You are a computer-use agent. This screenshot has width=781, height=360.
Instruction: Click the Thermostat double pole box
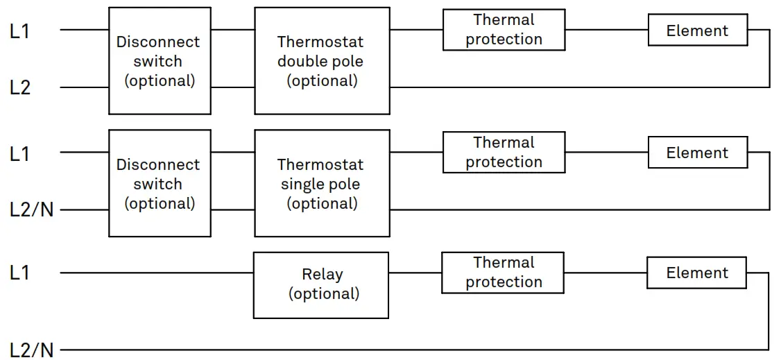tap(321, 60)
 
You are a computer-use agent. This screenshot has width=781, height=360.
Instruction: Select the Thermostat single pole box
tap(321, 183)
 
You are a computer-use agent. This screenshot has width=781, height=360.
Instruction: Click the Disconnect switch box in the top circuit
tap(160, 60)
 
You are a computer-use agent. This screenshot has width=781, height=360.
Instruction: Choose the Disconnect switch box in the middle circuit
tap(160, 183)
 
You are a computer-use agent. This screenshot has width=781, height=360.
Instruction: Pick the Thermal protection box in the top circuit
tap(504, 30)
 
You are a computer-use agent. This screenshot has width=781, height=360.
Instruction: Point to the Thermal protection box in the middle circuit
tap(504, 153)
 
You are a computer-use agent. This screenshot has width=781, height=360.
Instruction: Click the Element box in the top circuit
tap(697, 31)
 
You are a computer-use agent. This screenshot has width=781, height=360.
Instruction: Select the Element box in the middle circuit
tap(697, 153)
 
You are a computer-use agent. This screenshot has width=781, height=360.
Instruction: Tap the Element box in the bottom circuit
tap(696, 273)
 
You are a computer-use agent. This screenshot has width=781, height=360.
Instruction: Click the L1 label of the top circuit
tap(20, 31)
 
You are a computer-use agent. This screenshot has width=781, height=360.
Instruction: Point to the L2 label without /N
tap(20, 88)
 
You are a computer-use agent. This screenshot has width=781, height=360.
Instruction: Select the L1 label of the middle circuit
tap(20, 153)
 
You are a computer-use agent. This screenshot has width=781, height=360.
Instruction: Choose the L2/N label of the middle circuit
tap(31, 209)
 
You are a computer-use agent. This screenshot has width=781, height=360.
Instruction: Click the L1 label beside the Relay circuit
tap(20, 273)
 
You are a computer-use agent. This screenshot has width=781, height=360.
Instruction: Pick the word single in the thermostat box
tap(303, 185)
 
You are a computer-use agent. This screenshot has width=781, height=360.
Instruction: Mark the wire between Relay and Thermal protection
tap(415, 273)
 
